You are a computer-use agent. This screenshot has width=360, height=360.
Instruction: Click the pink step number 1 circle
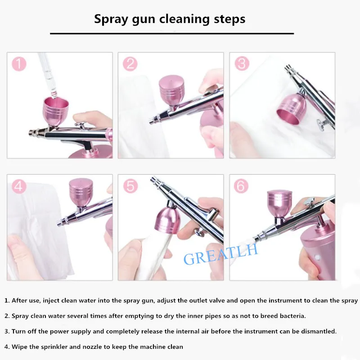click(x=19, y=63)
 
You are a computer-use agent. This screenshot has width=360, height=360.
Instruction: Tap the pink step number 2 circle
click(x=130, y=63)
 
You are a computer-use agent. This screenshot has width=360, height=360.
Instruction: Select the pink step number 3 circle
click(x=242, y=63)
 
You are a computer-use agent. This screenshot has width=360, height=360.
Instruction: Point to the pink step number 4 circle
click(x=19, y=186)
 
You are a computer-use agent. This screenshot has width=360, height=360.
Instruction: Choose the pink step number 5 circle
click(x=130, y=186)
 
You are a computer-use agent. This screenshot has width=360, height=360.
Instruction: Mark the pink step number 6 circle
click(x=241, y=186)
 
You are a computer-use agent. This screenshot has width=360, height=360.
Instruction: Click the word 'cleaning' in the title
click(x=184, y=19)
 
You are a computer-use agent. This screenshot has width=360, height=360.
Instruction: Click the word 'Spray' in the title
click(x=111, y=19)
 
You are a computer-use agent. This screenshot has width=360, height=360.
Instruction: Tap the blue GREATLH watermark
click(x=220, y=254)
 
